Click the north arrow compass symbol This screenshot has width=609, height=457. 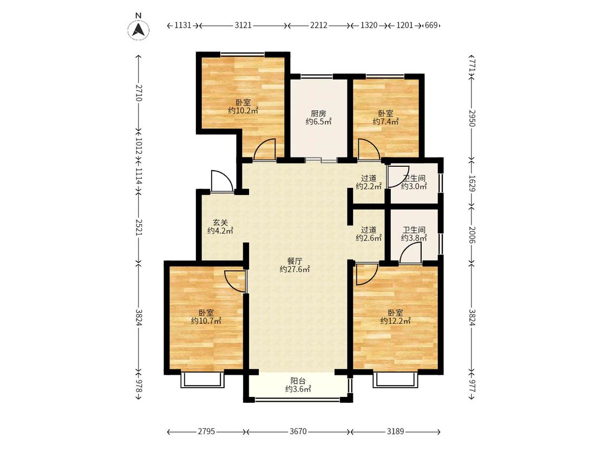pyautogui.click(x=139, y=29)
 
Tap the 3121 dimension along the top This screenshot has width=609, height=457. pyautogui.click(x=243, y=25)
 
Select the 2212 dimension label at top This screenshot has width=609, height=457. pyautogui.click(x=318, y=25)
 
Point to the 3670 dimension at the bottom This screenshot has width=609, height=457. pyautogui.click(x=298, y=432)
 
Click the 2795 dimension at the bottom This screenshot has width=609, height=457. pyautogui.click(x=206, y=432)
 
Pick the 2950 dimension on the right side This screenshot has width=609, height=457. pyautogui.click(x=472, y=118)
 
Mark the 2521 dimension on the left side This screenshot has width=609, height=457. pyautogui.click(x=139, y=227)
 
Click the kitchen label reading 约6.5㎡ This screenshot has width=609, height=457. pyautogui.click(x=318, y=122)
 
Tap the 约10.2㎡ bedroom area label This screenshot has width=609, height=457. pyautogui.click(x=243, y=111)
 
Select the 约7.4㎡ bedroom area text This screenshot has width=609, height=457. pyautogui.click(x=385, y=122)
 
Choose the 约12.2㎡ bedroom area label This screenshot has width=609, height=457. pyautogui.click(x=395, y=321)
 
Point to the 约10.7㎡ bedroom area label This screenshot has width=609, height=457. pyautogui.click(x=206, y=321)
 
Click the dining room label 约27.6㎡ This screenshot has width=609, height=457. pyautogui.click(x=295, y=269)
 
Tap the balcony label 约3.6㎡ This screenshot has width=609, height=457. pyautogui.click(x=298, y=389)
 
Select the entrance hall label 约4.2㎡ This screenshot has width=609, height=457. pyautogui.click(x=220, y=231)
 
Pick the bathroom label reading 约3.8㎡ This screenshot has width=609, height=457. pyautogui.click(x=414, y=238)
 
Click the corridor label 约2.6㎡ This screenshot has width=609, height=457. pyautogui.click(x=369, y=238)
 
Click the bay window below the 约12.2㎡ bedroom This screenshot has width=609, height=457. pyautogui.click(x=396, y=381)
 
